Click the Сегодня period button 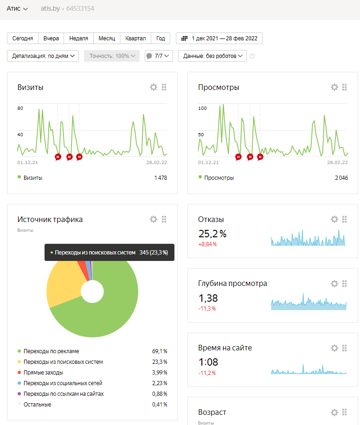point(23,38)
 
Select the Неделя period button point(79,38)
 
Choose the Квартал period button point(135,38)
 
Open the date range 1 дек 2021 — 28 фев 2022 point(219,38)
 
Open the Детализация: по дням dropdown point(43,56)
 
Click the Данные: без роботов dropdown point(212,56)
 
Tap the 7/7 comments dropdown point(159,56)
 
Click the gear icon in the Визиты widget point(154,87)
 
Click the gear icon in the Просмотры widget point(334,87)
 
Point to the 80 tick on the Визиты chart point(20,108)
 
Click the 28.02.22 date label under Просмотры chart point(337,162)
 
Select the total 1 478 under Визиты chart point(161,178)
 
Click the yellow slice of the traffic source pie point(65,285)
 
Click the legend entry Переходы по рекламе point(51,351)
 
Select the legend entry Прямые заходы point(44,373)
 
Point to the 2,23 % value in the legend point(160,383)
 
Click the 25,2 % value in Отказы point(212,234)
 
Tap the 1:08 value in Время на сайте point(208,362)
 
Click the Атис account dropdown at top point(17,9)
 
